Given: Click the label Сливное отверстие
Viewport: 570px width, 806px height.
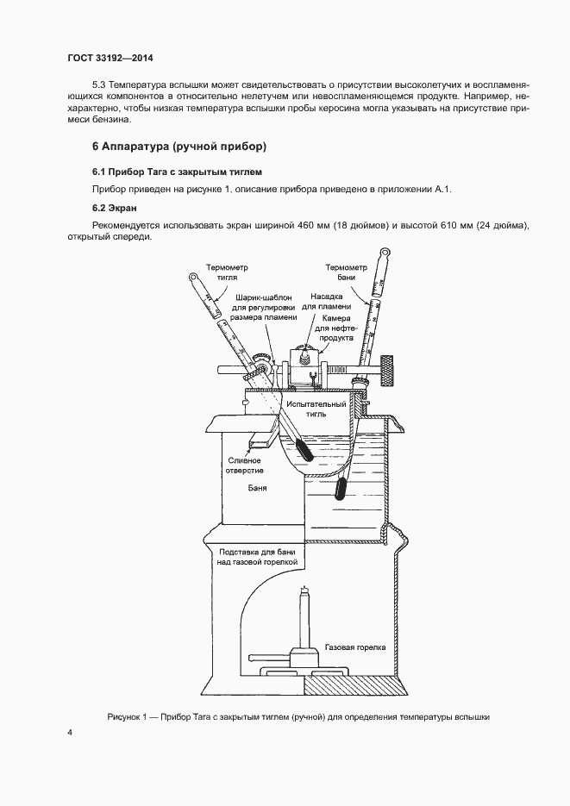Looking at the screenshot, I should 247,466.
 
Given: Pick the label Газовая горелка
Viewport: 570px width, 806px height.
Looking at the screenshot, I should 355,645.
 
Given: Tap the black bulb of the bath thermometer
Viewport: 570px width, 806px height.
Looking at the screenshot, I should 341,489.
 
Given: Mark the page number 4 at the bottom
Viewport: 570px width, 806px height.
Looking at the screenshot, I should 70,733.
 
